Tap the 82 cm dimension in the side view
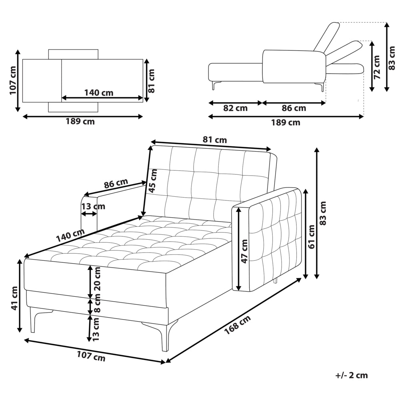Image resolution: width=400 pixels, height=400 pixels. (x=235, y=108)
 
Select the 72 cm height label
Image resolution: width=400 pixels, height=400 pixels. (x=377, y=67)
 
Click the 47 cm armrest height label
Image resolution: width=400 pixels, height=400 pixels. (x=244, y=251)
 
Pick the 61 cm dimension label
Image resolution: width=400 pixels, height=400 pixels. (x=311, y=237)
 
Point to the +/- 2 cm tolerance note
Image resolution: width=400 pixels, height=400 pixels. (x=352, y=375)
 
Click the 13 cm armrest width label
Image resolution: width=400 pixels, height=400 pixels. (x=93, y=206)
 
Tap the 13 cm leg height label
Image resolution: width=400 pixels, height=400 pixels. (x=96, y=329)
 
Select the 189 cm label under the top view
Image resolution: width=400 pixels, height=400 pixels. (x=80, y=122)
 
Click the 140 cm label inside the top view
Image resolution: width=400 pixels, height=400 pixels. (x=99, y=92)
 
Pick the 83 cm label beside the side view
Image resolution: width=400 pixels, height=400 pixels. (x=392, y=58)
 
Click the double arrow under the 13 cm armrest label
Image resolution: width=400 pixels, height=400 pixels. (x=89, y=214)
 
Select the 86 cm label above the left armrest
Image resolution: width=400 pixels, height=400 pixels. (x=116, y=183)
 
